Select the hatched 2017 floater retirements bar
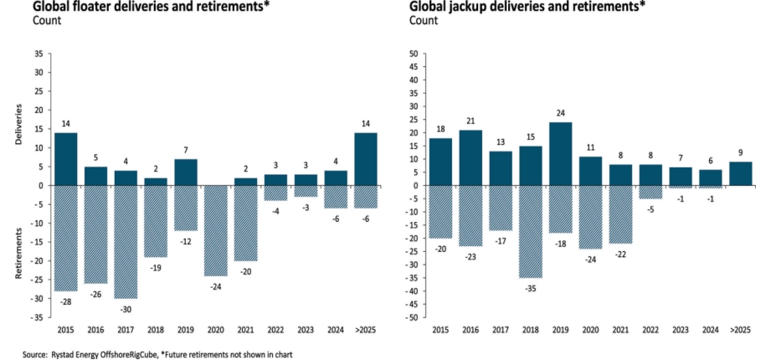126,241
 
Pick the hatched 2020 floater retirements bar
216,230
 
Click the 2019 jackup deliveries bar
559,153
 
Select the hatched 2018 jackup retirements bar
529,231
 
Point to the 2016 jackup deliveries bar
470,157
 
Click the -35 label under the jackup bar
529,286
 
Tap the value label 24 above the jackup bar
559,113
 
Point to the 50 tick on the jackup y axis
412,54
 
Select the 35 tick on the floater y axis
39,54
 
